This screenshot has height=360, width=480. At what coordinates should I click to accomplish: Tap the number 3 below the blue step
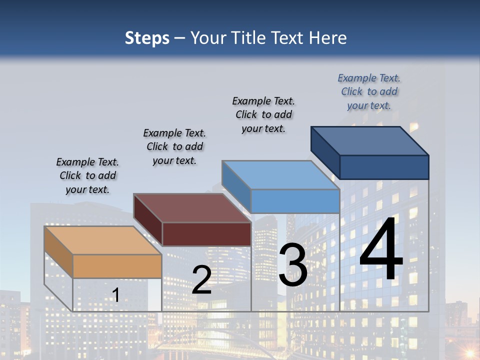point(293,265)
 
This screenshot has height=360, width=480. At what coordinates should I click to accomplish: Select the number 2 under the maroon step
point(201,279)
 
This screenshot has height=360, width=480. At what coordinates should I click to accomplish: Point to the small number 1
point(115,295)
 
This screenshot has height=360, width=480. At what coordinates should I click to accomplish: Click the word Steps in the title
point(147,38)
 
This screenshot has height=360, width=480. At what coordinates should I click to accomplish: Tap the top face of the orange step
point(102,240)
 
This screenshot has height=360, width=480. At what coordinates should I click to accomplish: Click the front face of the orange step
point(117,266)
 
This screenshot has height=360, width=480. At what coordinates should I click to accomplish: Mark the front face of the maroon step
point(206,234)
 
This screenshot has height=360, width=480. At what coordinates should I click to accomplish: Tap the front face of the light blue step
point(295,201)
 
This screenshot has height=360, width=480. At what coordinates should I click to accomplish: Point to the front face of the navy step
point(384,167)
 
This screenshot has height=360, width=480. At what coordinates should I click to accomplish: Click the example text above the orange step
point(87,176)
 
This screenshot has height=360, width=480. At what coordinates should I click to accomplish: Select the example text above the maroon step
point(174,147)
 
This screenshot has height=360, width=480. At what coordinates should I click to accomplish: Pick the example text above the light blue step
point(263,114)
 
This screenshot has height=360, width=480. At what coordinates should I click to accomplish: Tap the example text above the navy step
point(369,92)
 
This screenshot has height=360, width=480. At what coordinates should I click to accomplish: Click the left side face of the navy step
point(325,149)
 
